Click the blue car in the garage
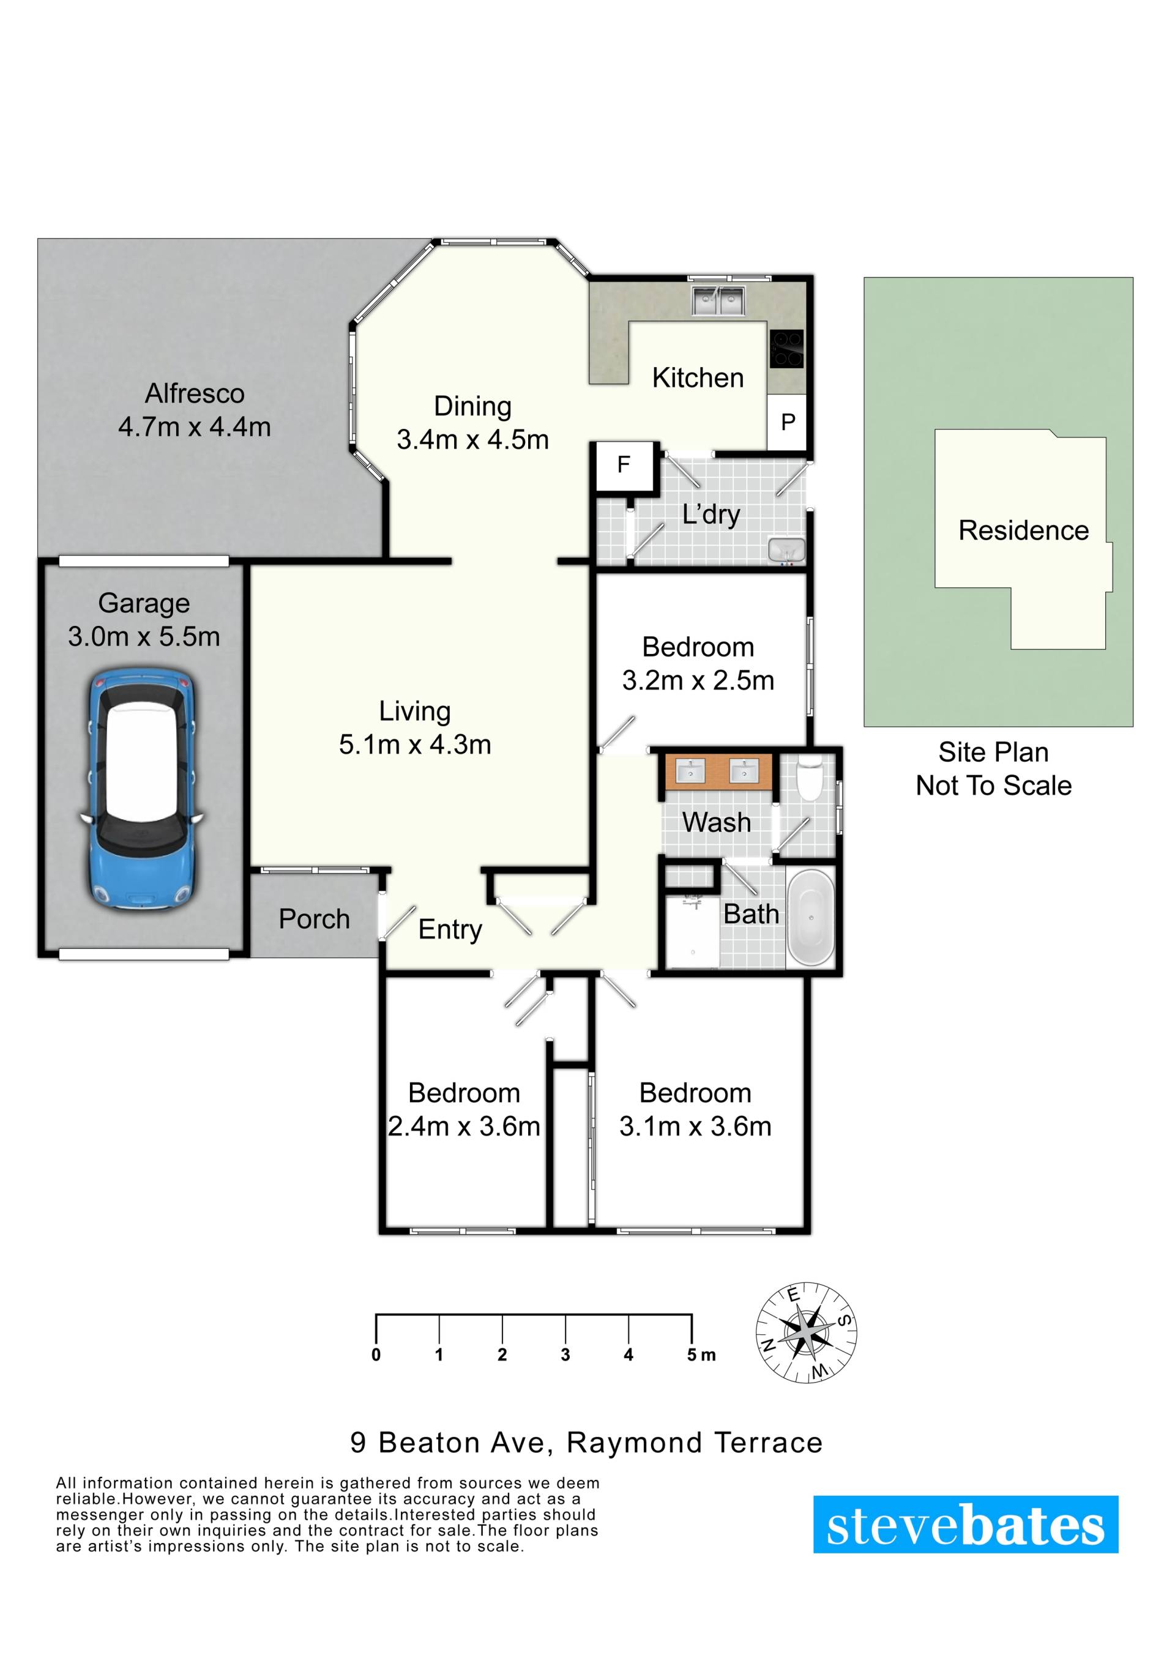click(140, 790)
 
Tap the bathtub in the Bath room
click(811, 919)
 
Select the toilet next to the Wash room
click(809, 778)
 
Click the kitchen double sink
click(718, 300)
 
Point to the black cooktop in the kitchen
click(786, 349)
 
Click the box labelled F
click(624, 467)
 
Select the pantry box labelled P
click(787, 422)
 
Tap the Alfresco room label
click(195, 393)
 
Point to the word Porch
click(314, 920)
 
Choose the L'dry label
click(711, 515)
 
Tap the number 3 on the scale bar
click(565, 1355)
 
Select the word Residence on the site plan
click(1023, 531)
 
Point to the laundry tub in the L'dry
click(786, 549)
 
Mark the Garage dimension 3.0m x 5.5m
click(144, 637)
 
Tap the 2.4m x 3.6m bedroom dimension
click(464, 1127)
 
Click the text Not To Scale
click(993, 786)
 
